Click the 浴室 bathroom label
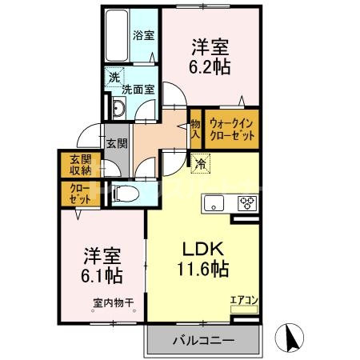(x=144, y=35)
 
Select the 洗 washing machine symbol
(x=114, y=78)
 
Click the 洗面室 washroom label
(x=138, y=90)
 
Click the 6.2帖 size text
(x=210, y=67)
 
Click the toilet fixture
(x=125, y=192)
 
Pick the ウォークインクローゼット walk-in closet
(x=233, y=130)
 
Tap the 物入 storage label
(x=195, y=129)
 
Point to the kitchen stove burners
(x=246, y=203)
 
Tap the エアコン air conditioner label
(x=243, y=301)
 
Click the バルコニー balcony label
(x=203, y=340)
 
